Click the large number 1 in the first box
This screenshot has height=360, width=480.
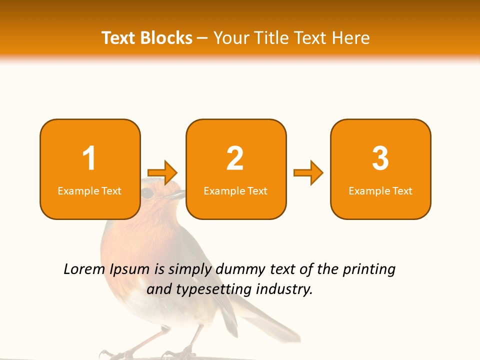[89, 158]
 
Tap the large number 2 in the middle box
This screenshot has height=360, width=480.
[235, 158]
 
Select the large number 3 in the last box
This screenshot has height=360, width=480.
[380, 158]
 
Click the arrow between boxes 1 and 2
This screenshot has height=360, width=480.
[163, 173]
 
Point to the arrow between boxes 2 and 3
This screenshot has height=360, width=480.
[308, 173]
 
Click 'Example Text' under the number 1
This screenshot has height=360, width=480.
[89, 191]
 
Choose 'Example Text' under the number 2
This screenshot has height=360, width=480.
[235, 191]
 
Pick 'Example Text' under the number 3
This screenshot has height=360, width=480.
[380, 191]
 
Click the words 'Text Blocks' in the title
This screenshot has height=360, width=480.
[147, 38]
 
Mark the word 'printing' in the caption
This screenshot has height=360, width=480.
[369, 270]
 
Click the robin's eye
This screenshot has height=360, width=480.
[147, 193]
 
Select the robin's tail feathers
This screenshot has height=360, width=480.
[270, 320]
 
